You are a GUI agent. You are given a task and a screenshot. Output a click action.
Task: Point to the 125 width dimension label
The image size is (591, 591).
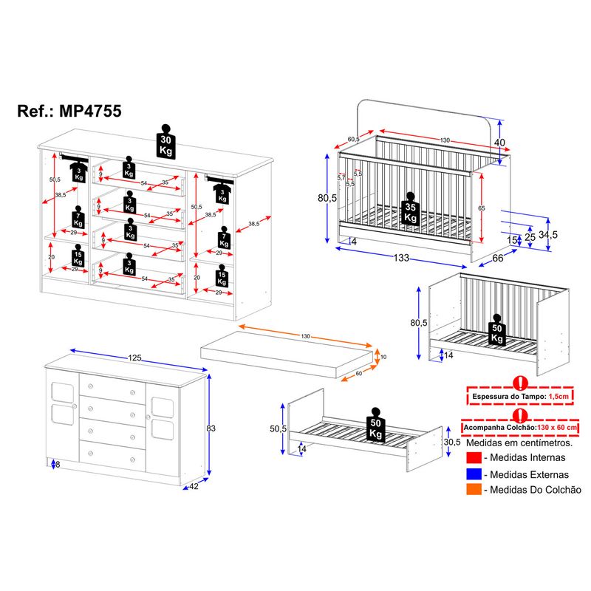(x=134, y=358)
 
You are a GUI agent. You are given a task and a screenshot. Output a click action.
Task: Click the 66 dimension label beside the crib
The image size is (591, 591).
(x=497, y=258)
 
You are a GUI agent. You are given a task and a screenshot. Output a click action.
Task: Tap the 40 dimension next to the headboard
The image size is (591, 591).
(x=499, y=143)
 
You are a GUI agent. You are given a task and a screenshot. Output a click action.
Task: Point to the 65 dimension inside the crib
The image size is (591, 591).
(x=481, y=209)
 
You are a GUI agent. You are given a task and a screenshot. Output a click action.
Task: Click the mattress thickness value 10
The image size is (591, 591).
(x=383, y=357)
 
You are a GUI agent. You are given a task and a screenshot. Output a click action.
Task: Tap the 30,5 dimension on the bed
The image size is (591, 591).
(x=452, y=442)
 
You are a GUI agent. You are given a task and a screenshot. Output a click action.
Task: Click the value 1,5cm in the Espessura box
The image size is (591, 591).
(x=557, y=397)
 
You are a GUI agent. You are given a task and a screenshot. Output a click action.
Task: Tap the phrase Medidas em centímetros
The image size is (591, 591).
(x=519, y=443)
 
